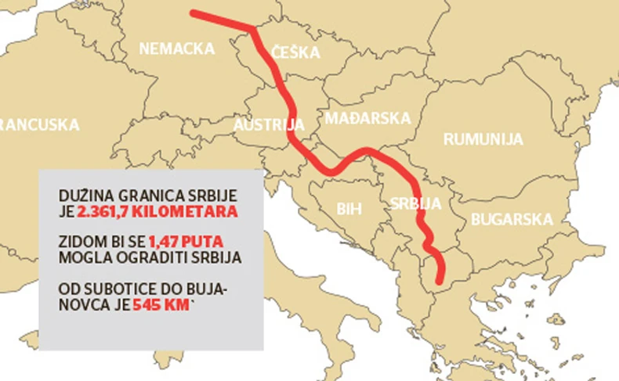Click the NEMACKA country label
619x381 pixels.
pyautogui.click(x=176, y=49)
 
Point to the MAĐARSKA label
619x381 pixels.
pyautogui.click(x=367, y=118)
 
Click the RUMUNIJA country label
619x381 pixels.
pyautogui.click(x=483, y=139)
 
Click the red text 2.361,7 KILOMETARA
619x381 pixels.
pyautogui.click(x=157, y=211)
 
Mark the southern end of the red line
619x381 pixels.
pyautogui.click(x=438, y=280)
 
